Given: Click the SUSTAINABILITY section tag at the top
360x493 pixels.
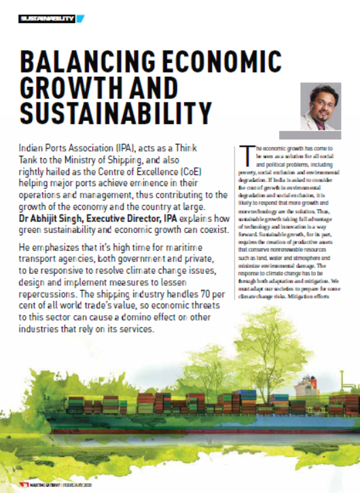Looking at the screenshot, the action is click(46, 18).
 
